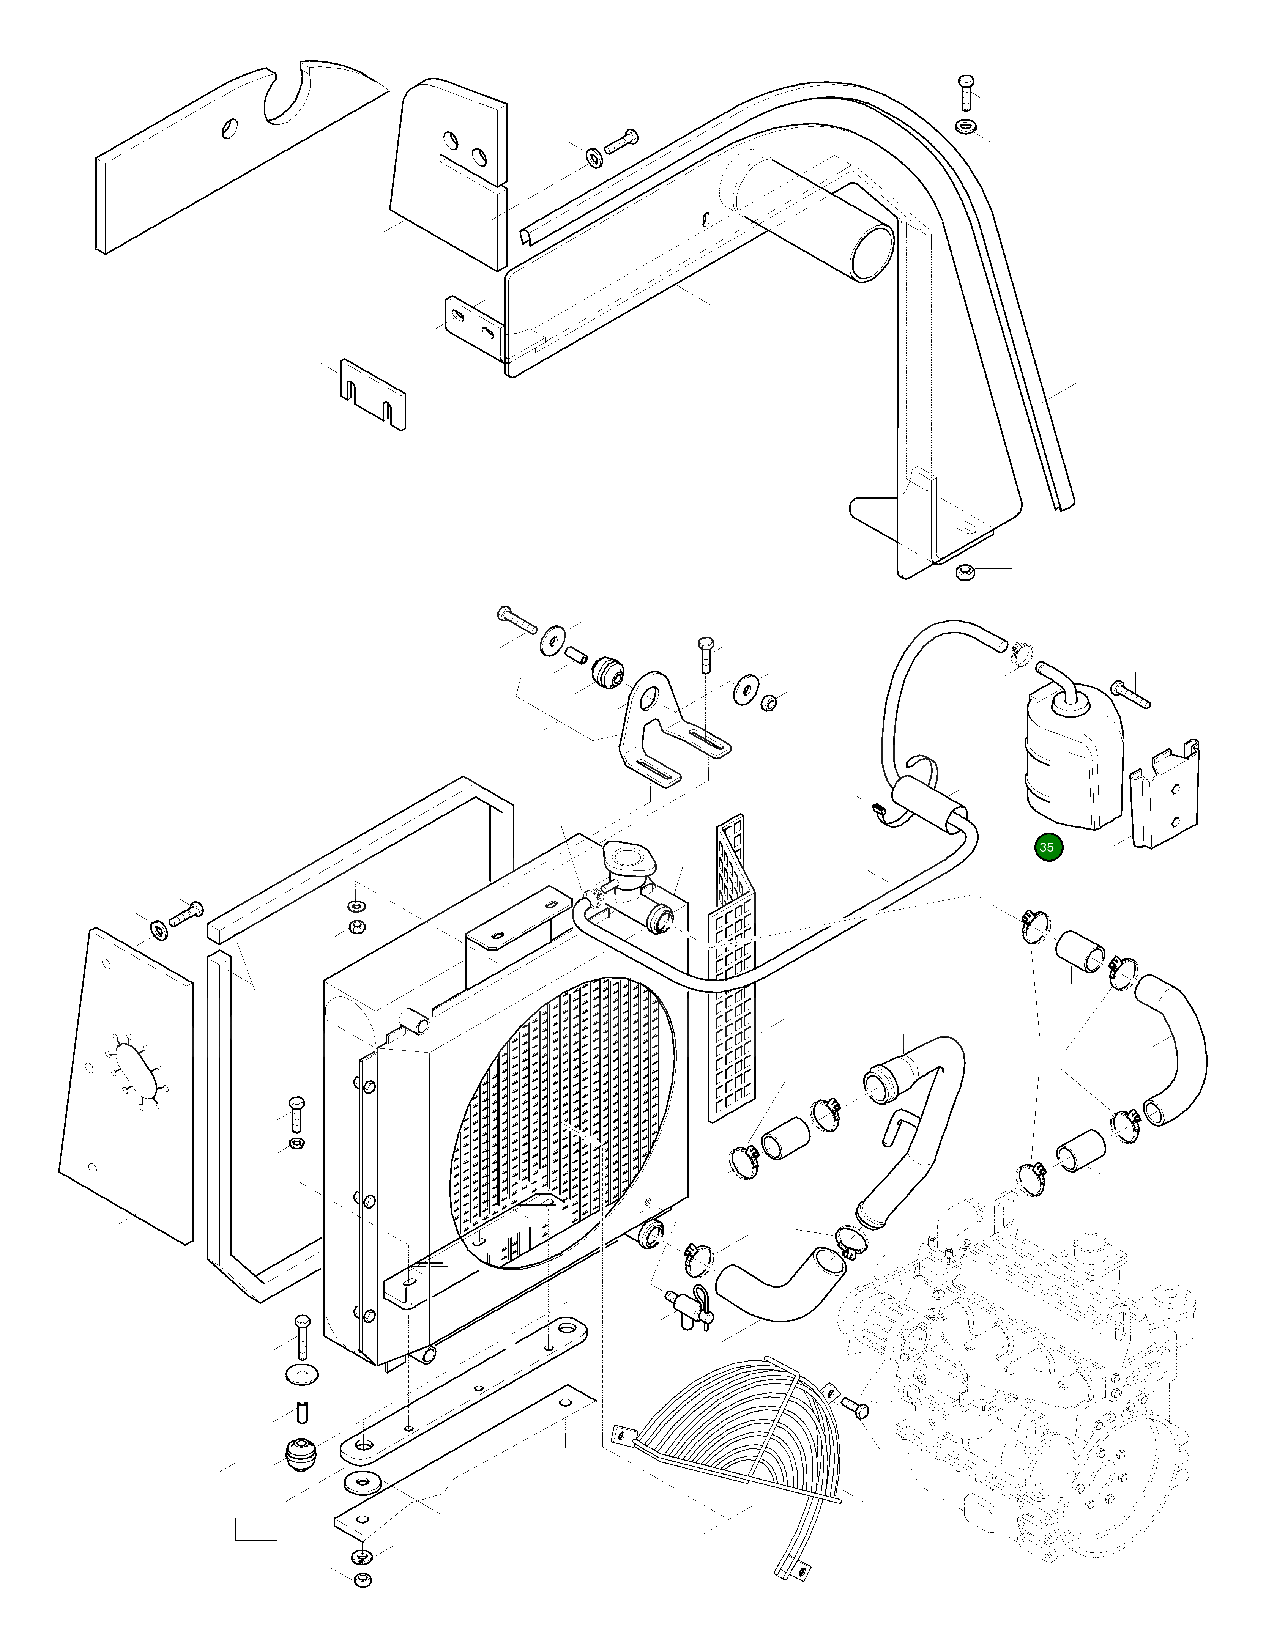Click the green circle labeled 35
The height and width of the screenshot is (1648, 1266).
pyautogui.click(x=1047, y=847)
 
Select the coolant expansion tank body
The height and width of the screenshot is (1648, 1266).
pyautogui.click(x=1070, y=761)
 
